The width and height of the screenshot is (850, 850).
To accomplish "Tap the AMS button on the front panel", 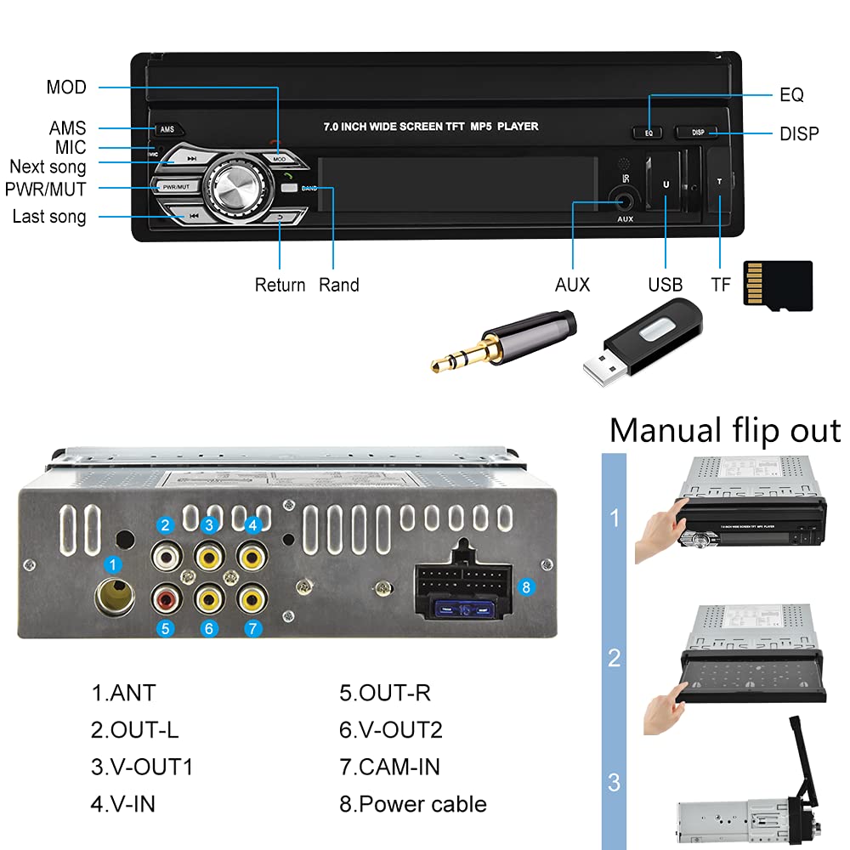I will pos(167,130).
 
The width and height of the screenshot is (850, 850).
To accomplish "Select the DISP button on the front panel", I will pos(697,133).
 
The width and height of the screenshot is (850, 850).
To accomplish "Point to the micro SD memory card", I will pos(777,285).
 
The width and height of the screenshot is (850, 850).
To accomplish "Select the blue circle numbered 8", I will pos(525,587).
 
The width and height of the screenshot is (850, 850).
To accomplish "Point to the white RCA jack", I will pos(167,558).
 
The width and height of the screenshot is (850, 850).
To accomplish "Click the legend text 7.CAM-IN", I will pos(389,767).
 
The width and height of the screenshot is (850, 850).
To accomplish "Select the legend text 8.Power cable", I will pos(413,804).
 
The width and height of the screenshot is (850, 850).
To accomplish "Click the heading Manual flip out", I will pos(724,430).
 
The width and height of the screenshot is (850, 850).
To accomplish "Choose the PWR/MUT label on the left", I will pos(45,189).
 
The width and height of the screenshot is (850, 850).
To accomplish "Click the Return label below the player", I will pos(280,285).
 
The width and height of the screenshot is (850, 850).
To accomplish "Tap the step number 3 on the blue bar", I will pos(614,781).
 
